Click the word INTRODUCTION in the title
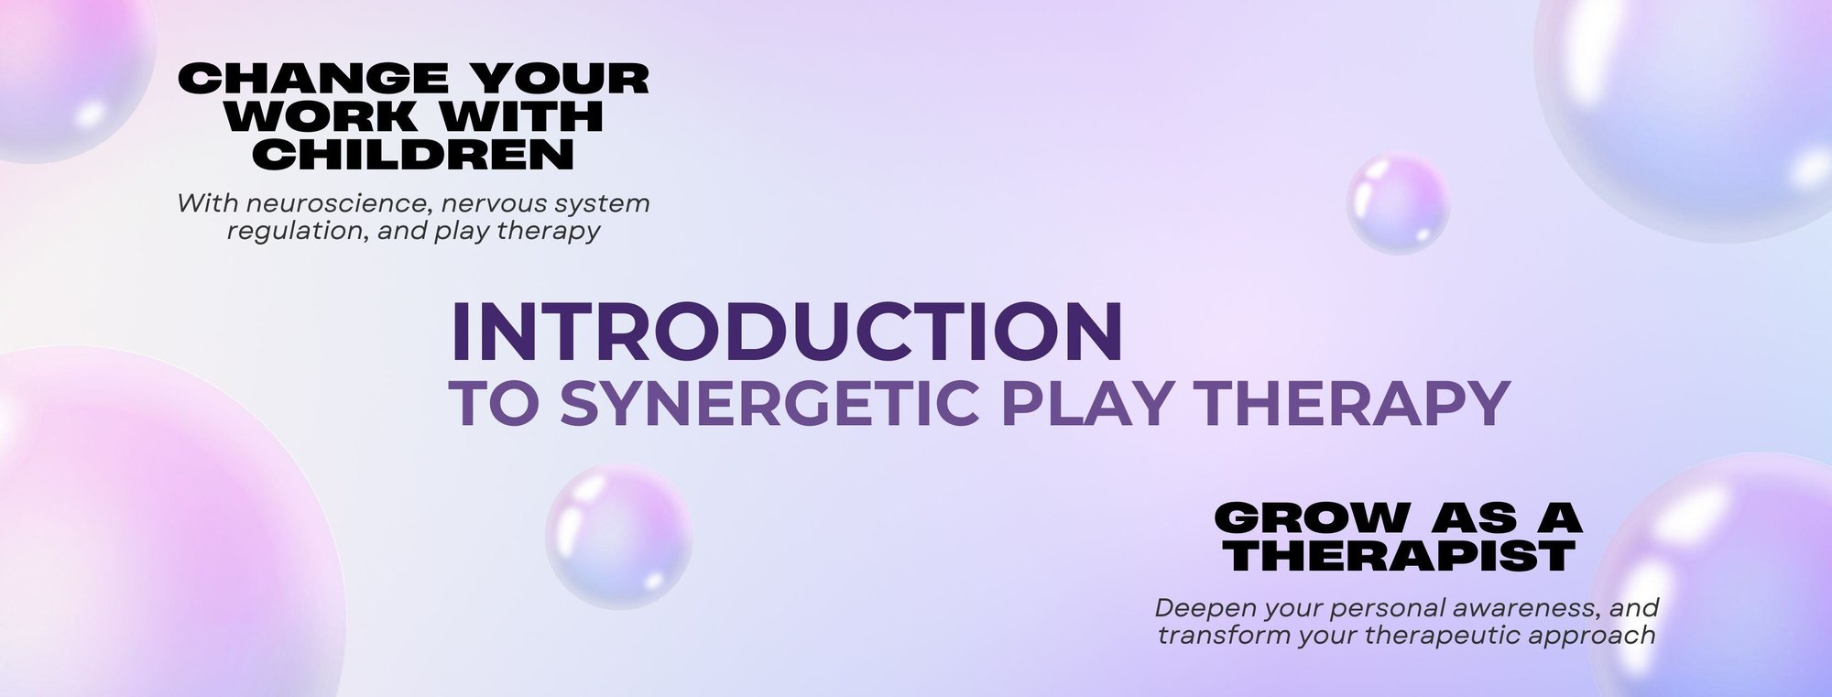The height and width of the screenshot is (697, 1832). (x=787, y=332)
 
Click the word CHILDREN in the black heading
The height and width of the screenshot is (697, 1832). (x=414, y=156)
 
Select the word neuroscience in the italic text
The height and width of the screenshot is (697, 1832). (x=336, y=202)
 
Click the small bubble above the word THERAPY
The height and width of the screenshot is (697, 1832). (x=1397, y=203)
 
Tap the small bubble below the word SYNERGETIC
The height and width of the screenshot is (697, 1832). (x=618, y=537)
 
